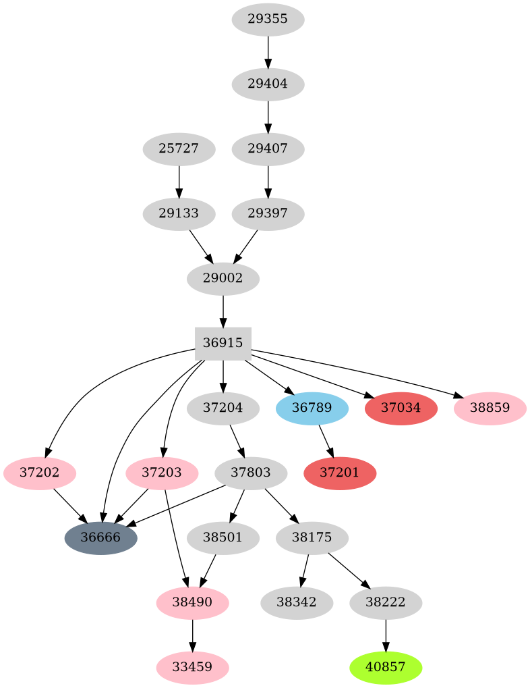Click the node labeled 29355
click(268, 20)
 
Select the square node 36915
click(223, 344)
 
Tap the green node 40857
click(386, 667)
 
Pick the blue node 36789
click(312, 408)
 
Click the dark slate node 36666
click(101, 538)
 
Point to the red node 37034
click(401, 408)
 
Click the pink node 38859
click(490, 408)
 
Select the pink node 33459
click(193, 667)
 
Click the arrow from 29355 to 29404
click(268, 52)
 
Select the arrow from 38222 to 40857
click(386, 635)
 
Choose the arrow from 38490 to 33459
click(193, 635)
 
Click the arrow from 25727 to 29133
click(179, 182)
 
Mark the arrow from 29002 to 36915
click(223, 311)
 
